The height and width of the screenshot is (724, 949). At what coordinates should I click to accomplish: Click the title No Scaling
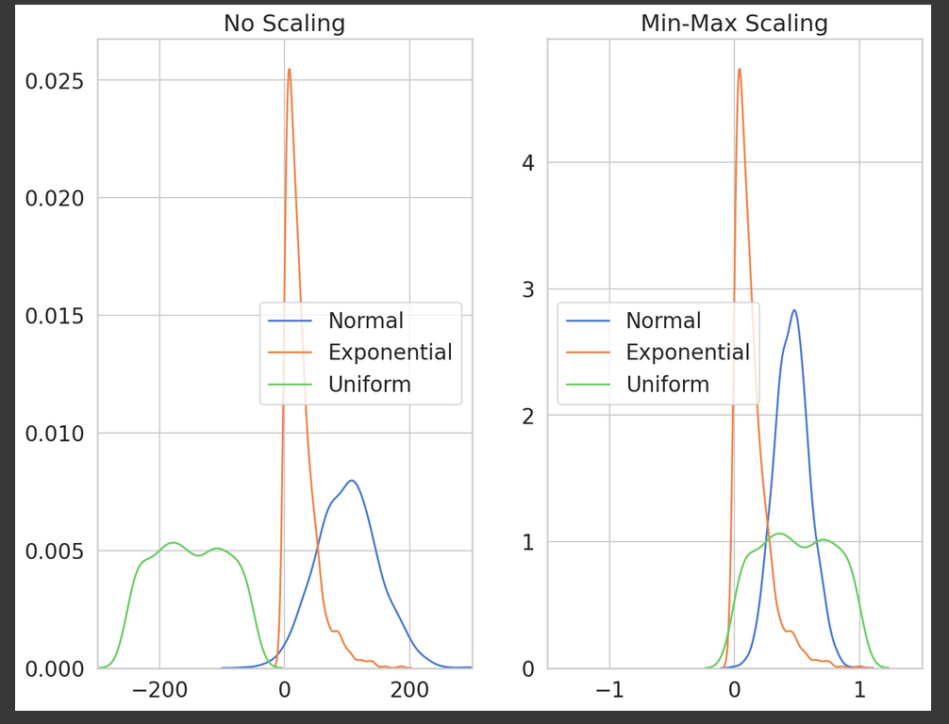(x=285, y=24)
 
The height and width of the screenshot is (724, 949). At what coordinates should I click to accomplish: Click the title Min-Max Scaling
(x=734, y=24)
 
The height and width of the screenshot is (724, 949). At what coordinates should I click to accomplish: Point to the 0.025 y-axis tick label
(x=55, y=81)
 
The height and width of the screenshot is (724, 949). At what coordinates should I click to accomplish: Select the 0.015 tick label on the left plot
(x=55, y=317)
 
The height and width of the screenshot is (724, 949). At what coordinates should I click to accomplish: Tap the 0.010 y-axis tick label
(x=55, y=434)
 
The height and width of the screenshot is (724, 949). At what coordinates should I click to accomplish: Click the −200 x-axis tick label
(x=159, y=689)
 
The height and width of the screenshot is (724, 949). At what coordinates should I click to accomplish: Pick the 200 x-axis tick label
(x=409, y=689)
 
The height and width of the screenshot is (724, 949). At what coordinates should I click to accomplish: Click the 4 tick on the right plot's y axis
(x=528, y=163)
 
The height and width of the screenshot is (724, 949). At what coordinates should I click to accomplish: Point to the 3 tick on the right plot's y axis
(x=528, y=289)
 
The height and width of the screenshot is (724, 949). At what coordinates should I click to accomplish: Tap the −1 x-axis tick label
(x=609, y=689)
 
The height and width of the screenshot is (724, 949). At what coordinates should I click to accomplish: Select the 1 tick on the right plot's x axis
(x=859, y=689)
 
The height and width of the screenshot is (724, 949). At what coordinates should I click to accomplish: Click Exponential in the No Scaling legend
(x=391, y=352)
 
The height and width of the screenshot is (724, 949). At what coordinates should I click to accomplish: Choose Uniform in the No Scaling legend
(x=370, y=384)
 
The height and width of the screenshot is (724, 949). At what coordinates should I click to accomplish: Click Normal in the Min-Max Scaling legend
(x=663, y=321)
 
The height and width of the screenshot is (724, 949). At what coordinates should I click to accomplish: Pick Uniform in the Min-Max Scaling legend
(x=668, y=384)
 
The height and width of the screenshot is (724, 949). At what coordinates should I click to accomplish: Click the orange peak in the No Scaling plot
(x=290, y=69)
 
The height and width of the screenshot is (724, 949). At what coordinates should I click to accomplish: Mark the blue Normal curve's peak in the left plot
(x=351, y=481)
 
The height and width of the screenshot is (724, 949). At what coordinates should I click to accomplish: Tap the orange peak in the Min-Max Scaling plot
(x=740, y=69)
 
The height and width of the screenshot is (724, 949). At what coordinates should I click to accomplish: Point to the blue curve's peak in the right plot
(x=794, y=310)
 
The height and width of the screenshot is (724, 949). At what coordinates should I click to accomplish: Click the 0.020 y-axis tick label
(x=55, y=198)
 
